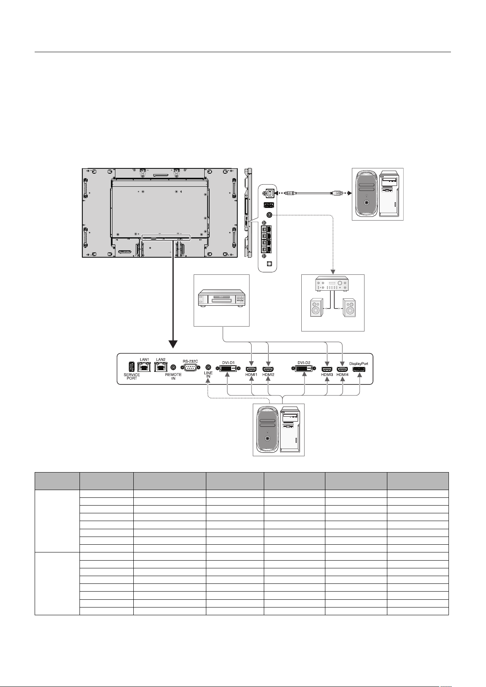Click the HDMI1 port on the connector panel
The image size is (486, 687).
(x=251, y=369)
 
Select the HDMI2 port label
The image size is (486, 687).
(x=268, y=374)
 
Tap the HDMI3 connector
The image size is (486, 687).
(x=327, y=369)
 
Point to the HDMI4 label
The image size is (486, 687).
(x=342, y=374)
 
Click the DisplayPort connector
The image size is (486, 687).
(x=359, y=369)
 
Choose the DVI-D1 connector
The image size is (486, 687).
(x=228, y=369)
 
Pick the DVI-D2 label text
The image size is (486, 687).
(x=304, y=362)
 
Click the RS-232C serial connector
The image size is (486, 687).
(x=190, y=368)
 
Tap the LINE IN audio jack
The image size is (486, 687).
(x=208, y=367)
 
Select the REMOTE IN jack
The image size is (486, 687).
(x=173, y=367)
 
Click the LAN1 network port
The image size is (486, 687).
(x=144, y=367)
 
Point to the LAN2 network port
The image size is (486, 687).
(x=160, y=367)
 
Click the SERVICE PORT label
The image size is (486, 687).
(x=132, y=376)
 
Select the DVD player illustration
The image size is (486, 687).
(x=222, y=298)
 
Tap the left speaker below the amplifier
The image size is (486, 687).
(x=316, y=307)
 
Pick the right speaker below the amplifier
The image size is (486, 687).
(x=349, y=307)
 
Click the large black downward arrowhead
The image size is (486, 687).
(x=173, y=344)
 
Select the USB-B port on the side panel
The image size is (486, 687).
(x=270, y=193)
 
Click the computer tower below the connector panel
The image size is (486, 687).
(x=279, y=430)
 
